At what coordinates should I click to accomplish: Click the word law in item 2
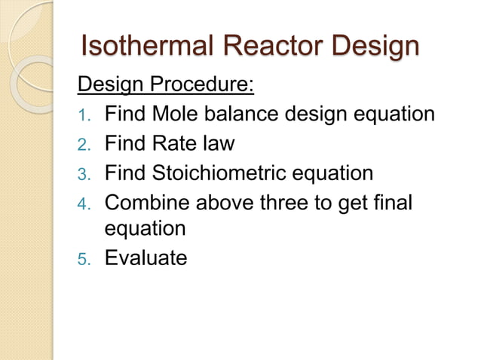pyautogui.click(x=219, y=144)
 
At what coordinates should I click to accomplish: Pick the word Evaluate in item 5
pyautogui.click(x=146, y=258)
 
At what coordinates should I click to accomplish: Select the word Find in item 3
pyautogui.click(x=125, y=173)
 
